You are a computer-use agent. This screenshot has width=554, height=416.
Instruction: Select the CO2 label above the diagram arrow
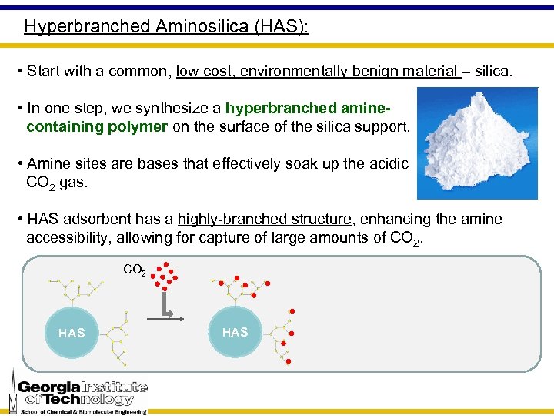tap(135, 270)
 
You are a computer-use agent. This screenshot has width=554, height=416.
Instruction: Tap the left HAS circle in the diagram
tap(72, 333)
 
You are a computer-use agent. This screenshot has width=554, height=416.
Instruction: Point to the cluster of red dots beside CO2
tap(165, 275)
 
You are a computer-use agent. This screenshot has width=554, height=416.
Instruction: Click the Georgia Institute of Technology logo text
tap(82, 393)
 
